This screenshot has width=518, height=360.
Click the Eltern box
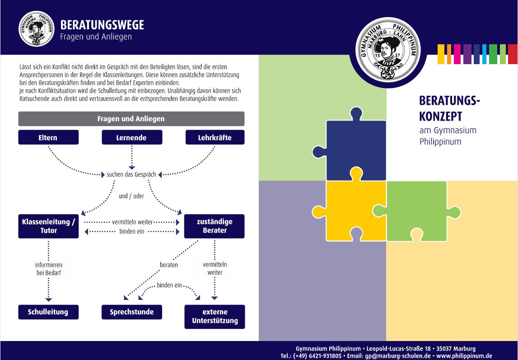click(x=48, y=137)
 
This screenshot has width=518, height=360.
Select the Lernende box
click(x=132, y=137)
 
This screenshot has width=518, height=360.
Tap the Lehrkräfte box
click(x=215, y=137)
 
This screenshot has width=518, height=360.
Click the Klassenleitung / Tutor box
click(x=48, y=226)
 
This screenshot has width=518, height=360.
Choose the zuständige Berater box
click(x=215, y=226)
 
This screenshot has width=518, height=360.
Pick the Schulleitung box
click(x=48, y=312)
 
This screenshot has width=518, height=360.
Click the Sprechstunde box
click(x=132, y=312)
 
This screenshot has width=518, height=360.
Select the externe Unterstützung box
click(x=215, y=316)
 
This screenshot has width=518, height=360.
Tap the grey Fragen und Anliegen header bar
click(x=131, y=119)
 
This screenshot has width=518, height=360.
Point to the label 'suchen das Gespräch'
click(x=131, y=174)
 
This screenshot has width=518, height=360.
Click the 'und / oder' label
click(x=131, y=196)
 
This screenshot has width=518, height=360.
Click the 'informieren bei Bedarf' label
click(x=49, y=269)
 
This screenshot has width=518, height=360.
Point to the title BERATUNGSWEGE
click(x=102, y=24)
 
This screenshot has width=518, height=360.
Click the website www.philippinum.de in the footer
click(x=464, y=356)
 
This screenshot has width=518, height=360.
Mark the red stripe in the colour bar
click(x=513, y=54)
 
